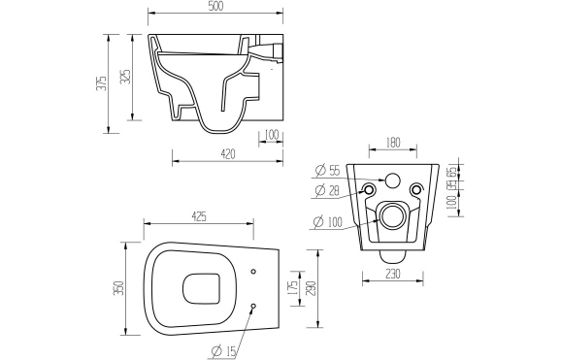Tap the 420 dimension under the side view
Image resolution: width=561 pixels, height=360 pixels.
click(x=228, y=152)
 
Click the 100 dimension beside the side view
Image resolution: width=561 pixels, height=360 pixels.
click(x=271, y=134)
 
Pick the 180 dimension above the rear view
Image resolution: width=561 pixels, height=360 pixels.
click(x=393, y=143)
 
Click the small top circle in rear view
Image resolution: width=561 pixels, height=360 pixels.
click(x=393, y=179)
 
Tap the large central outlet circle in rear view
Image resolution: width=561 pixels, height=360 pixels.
click(x=393, y=215)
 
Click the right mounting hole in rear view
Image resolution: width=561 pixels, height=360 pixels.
click(x=416, y=189)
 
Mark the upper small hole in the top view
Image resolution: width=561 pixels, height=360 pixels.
click(x=252, y=271)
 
